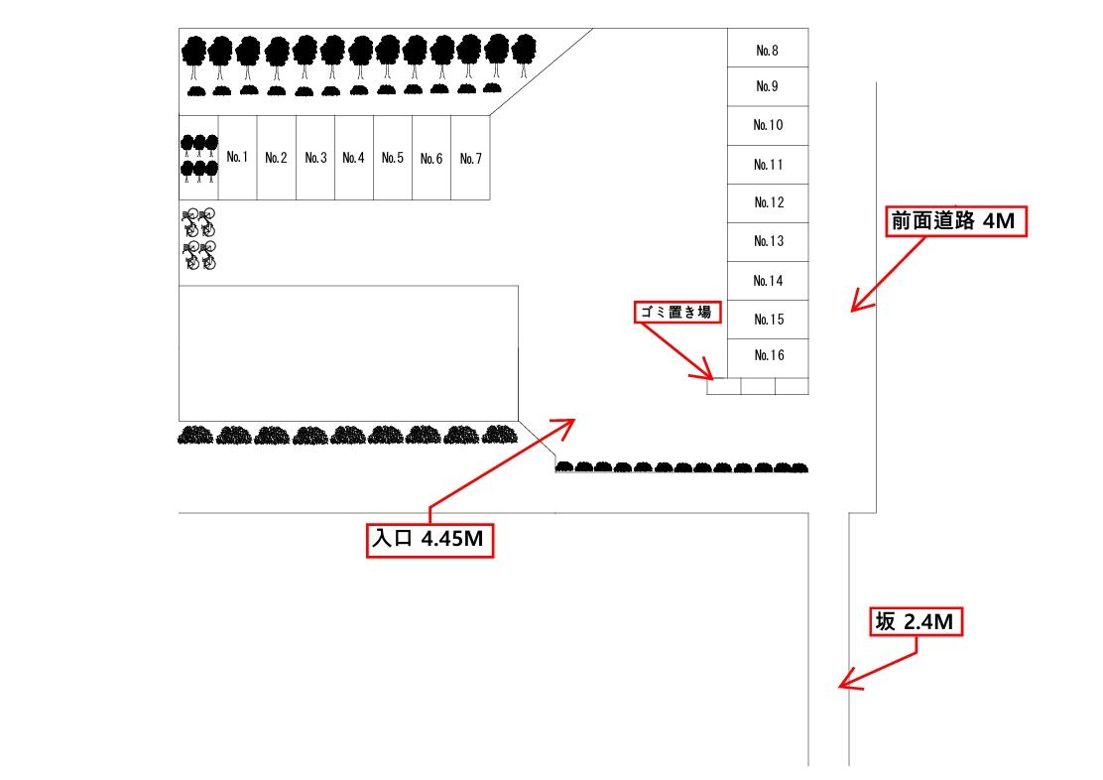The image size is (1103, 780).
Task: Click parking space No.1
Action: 237,158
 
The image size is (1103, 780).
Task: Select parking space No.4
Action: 354,158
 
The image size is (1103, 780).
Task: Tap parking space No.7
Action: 471,158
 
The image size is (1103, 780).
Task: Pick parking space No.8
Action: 768,49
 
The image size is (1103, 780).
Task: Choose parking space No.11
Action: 768,165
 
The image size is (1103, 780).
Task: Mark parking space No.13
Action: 768,242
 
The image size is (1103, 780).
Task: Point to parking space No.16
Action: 768,355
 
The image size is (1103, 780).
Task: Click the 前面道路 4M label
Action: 953,222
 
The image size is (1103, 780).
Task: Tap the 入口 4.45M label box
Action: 430,540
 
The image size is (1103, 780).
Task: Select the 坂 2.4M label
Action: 916,622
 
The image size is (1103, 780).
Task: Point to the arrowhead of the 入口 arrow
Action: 570,423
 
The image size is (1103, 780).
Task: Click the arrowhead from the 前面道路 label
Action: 856,308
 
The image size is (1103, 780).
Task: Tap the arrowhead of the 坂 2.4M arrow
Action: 844,684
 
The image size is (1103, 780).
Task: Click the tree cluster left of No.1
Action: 198,158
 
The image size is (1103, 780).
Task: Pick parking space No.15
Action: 768,320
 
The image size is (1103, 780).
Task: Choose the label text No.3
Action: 315,158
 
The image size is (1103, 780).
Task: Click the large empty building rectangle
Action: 348,352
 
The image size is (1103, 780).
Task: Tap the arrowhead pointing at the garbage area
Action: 710,376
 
